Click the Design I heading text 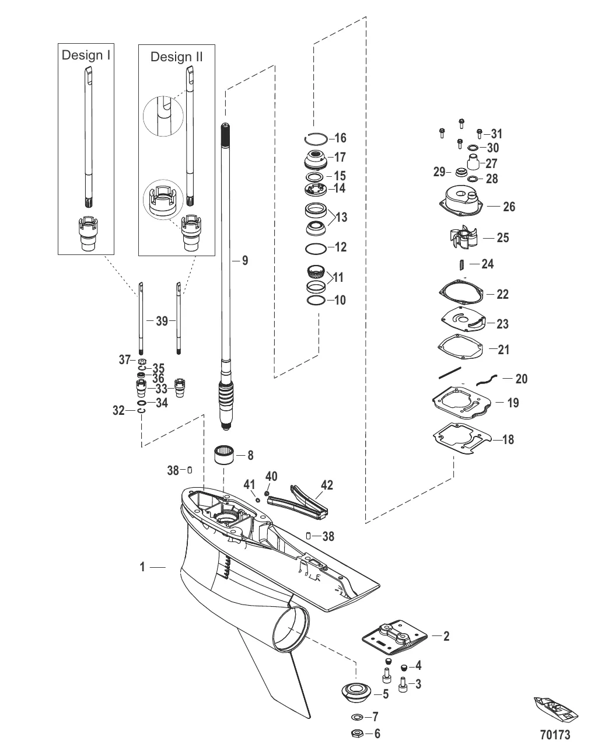[86, 55]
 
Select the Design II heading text [176, 57]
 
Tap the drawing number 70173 [555, 734]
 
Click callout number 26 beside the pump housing [509, 207]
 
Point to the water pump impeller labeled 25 [463, 237]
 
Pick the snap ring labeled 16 [316, 138]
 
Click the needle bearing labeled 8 [224, 455]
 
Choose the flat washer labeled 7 [356, 717]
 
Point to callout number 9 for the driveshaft [244, 260]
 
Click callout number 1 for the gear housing [142, 567]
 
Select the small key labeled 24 [461, 264]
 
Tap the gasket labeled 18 [462, 438]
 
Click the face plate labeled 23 [463, 319]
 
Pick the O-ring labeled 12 [316, 248]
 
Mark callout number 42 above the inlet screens [327, 485]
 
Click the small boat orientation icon [556, 710]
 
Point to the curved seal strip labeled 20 [487, 380]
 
